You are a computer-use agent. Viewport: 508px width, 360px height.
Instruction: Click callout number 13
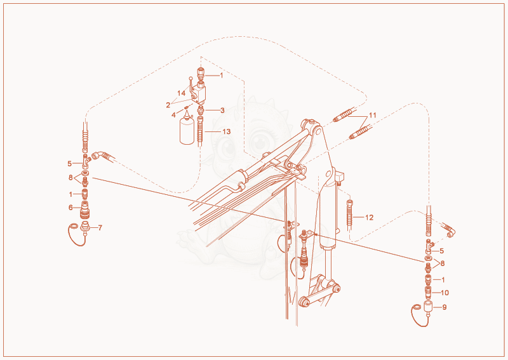pos(227,131)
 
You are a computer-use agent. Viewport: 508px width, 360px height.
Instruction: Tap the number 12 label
pos(369,217)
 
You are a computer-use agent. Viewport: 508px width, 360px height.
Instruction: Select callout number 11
pos(373,115)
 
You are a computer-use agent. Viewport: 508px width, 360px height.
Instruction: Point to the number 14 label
pos(181,93)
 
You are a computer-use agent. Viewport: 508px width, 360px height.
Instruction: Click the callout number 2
pos(168,105)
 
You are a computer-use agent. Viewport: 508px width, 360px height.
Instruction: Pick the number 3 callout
pos(222,110)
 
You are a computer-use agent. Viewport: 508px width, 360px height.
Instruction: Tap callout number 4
pos(173,115)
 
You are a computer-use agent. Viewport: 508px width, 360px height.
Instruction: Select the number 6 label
pos(70,208)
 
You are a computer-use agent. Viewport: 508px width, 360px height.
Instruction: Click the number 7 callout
pos(100,228)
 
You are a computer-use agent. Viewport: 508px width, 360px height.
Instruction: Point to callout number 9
pos(444,307)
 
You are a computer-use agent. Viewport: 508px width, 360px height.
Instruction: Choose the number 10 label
pos(445,293)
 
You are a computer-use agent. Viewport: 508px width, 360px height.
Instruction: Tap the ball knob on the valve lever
pos(191,77)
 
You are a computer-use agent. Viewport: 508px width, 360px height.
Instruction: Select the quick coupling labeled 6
pos(85,210)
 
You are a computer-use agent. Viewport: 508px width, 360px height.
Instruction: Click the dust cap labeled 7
pos(84,226)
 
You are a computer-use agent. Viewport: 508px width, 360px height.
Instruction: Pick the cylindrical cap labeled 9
pos(428,307)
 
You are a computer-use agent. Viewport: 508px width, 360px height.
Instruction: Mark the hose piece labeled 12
pos(350,214)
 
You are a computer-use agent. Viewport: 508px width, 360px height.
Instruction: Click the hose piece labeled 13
pos(200,131)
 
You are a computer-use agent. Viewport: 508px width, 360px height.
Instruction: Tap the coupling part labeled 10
pos(428,292)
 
